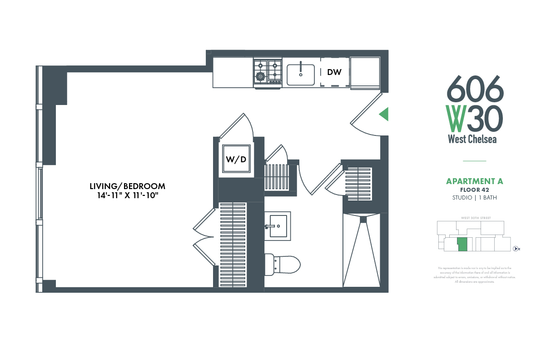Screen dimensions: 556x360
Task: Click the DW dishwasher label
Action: coord(334,72)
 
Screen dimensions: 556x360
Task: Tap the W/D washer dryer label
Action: coord(236,160)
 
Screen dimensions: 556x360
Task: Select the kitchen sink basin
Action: coord(300,75)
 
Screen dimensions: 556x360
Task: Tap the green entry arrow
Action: coord(384,114)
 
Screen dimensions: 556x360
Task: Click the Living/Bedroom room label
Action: coord(127,186)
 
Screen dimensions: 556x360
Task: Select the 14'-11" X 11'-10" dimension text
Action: coord(127,195)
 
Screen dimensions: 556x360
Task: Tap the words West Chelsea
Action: coord(472,139)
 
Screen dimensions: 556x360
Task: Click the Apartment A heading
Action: coord(474,181)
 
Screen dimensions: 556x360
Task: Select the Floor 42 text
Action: coord(474,190)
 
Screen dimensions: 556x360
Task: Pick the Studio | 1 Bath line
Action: coord(474,198)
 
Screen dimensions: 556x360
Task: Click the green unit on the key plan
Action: coord(462,244)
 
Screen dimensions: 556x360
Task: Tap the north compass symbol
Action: coord(516,249)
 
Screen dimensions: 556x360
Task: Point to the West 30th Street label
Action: coord(474,218)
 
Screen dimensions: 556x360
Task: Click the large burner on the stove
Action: coord(261,76)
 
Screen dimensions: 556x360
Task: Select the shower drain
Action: coord(362,220)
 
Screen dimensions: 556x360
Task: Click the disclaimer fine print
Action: coord(474,275)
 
